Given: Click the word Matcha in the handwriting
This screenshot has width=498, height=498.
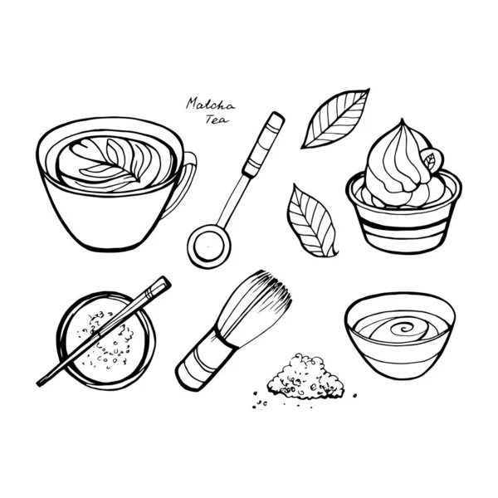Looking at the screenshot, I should coord(210,104).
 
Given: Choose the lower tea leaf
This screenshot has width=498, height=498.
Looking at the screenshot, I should coord(310,220).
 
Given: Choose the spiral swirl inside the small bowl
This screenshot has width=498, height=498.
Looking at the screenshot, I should coord(399,325).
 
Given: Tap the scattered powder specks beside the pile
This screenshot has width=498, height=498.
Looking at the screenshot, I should coord(262,402).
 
